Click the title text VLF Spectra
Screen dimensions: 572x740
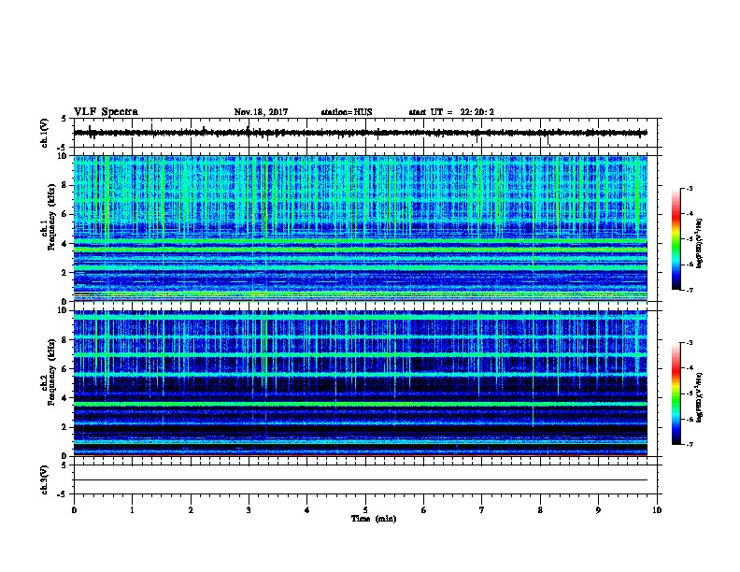click(106, 111)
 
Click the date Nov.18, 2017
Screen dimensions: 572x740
click(261, 112)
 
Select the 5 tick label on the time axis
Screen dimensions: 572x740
click(365, 509)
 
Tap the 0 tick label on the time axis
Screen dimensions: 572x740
click(74, 509)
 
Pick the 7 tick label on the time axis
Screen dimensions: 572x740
click(482, 509)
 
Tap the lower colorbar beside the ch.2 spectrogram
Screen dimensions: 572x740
click(676, 393)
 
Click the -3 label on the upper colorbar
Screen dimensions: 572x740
click(689, 189)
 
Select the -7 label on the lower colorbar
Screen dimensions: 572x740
click(689, 445)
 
